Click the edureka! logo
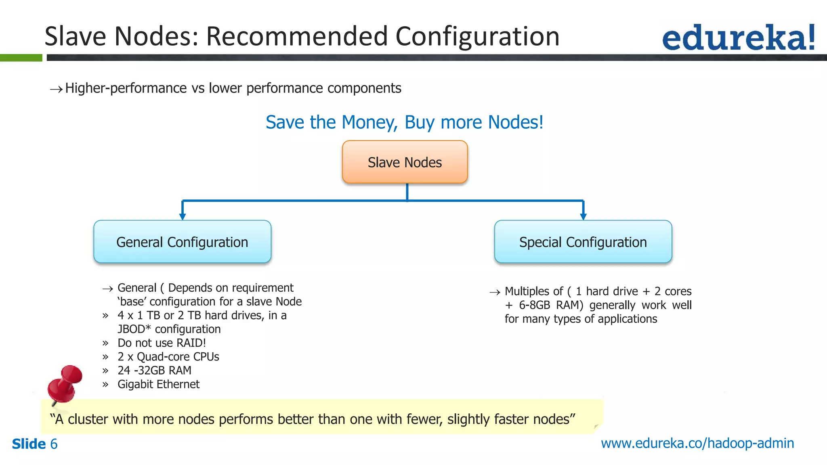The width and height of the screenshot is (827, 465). (738, 38)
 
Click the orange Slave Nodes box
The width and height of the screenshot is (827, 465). (405, 162)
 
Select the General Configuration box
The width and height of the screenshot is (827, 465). (182, 242)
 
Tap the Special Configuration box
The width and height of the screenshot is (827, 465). (583, 242)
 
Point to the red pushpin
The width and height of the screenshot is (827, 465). (65, 383)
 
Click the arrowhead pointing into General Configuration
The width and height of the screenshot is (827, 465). (183, 216)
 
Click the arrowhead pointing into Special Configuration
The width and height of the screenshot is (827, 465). (583, 216)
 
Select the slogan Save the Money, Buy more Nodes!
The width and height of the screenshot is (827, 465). (404, 122)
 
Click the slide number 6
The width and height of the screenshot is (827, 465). (54, 444)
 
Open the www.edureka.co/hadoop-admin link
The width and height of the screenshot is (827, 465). (697, 443)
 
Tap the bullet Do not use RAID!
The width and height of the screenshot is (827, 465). (162, 343)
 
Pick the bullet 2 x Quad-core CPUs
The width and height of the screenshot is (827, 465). (168, 357)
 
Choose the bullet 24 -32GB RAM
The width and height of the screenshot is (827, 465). (154, 371)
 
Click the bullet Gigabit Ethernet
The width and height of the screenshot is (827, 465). (158, 384)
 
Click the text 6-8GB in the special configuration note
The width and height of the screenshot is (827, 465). (534, 305)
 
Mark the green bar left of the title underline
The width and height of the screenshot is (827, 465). (21, 58)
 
